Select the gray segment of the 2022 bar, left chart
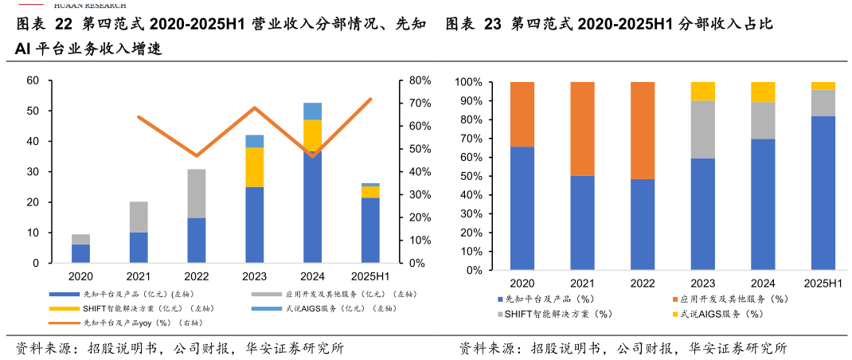[197, 194]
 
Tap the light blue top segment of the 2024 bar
[312, 112]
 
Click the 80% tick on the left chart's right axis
[420, 80]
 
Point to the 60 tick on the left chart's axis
[33, 80]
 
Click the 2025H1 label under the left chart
[370, 276]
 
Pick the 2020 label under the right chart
[522, 284]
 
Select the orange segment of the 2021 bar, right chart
[582, 128]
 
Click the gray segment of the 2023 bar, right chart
[702, 130]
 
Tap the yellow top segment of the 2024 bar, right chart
[763, 92]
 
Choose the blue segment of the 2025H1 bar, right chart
[823, 194]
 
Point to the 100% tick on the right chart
[468, 82]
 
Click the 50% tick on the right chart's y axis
[471, 176]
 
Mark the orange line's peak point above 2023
[254, 108]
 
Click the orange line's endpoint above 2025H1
[371, 100]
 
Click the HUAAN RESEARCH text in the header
[89, 5]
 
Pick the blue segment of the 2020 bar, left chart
[80, 253]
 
